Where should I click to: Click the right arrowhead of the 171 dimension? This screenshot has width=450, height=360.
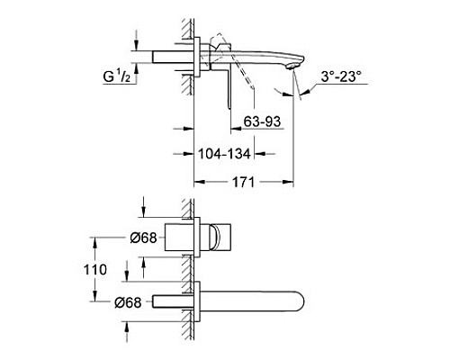coord(289,181)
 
